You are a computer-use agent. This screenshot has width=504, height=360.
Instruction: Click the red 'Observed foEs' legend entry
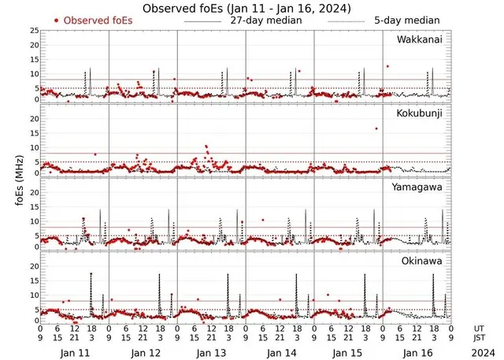93,20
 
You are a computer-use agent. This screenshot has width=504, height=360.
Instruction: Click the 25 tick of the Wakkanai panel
33,31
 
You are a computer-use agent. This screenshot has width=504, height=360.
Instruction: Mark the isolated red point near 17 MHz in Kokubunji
376,128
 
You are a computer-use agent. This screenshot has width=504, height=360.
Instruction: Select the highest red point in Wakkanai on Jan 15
387,66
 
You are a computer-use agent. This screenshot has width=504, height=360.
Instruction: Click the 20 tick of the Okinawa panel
33,266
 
